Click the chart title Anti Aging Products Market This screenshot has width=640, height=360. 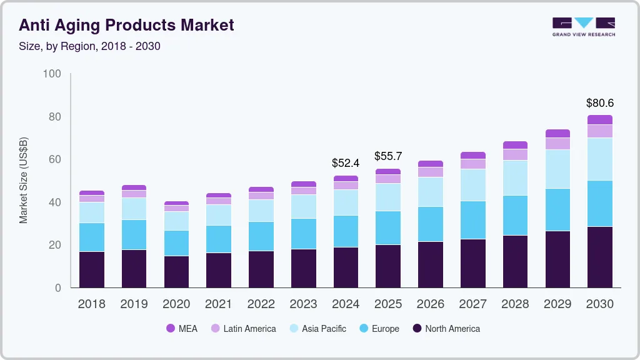(126, 25)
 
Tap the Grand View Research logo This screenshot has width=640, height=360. (583, 26)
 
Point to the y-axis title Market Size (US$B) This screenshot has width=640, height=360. (24, 180)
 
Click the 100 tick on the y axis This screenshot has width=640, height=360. (52, 74)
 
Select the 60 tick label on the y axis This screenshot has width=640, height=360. (54, 159)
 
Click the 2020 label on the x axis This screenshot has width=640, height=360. (176, 304)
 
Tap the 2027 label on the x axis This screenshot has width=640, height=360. (473, 304)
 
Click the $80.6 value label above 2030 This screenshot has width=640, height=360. (600, 103)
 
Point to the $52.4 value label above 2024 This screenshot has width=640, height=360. (346, 163)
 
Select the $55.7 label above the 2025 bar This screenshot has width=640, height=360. (388, 156)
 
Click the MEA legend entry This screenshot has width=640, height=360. (181, 329)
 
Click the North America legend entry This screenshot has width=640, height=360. (446, 329)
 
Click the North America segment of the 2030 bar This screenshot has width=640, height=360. (600, 257)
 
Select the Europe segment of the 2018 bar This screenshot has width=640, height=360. (92, 237)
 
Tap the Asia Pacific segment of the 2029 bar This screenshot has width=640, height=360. (557, 169)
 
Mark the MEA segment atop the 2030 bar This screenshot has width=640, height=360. (600, 119)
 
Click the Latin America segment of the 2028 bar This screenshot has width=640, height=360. (515, 154)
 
